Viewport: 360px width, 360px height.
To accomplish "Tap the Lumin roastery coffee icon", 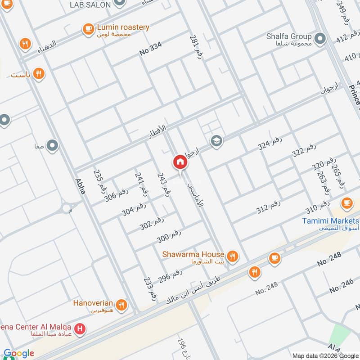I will pyautogui.click(x=88, y=30).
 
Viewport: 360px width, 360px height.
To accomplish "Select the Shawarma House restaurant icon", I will pyautogui.click(x=232, y=256).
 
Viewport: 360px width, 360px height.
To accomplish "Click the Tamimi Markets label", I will pyautogui.click(x=330, y=221).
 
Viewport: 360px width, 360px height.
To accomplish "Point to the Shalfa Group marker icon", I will pyautogui.click(x=320, y=39).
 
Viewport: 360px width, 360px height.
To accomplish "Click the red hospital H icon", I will pyautogui.click(x=80, y=329).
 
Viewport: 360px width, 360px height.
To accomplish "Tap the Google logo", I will pyautogui.click(x=19, y=354).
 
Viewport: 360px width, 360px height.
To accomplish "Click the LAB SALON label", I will pyautogui.click(x=90, y=4).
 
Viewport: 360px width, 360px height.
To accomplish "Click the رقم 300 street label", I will pyautogui.click(x=169, y=237).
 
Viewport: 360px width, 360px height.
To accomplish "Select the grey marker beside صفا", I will pyautogui.click(x=53, y=146).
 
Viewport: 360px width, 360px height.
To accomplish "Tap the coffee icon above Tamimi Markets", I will pyautogui.click(x=346, y=203).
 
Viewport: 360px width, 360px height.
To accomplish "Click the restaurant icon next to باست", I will pyautogui.click(x=39, y=73).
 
